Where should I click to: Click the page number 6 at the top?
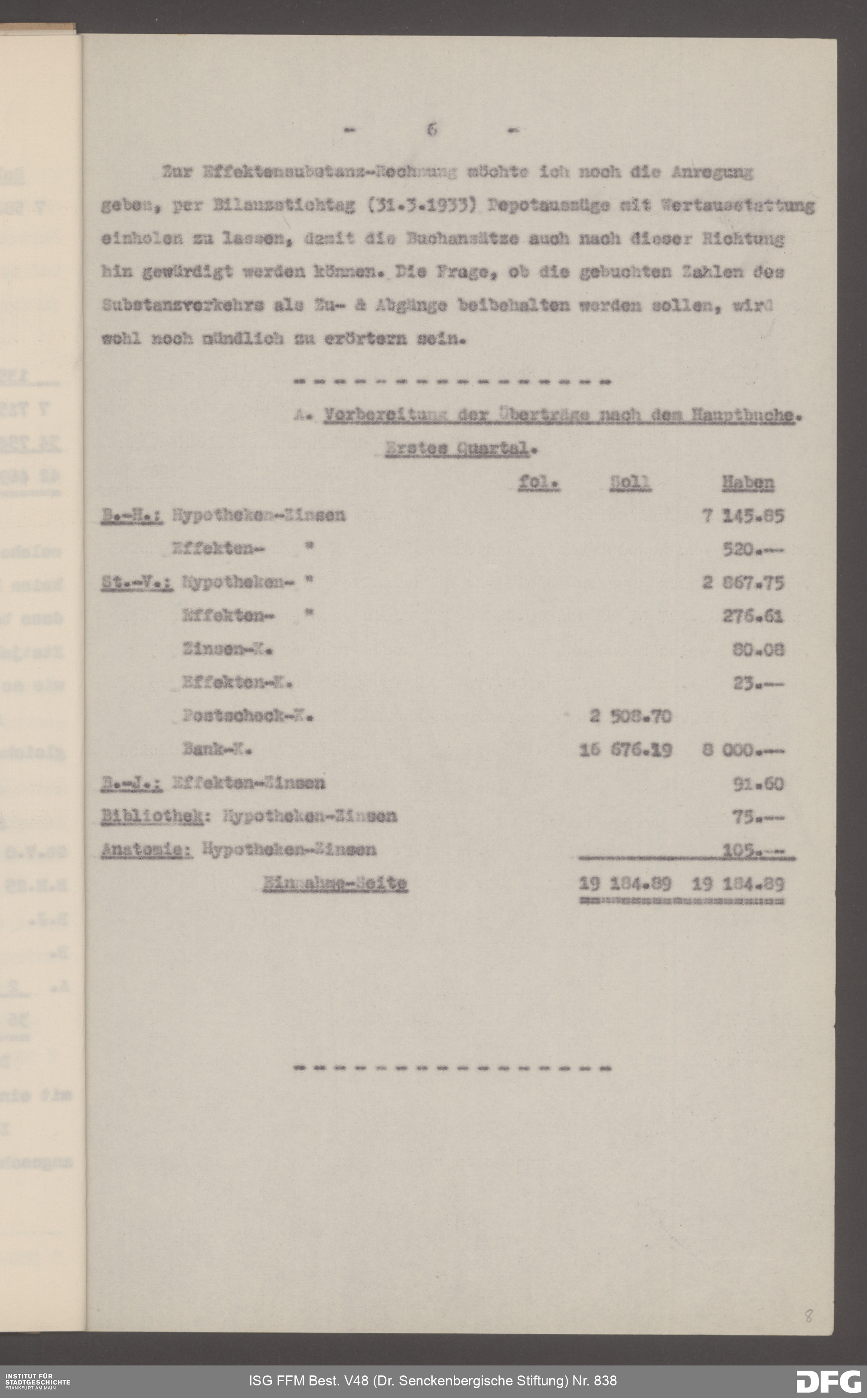coord(431,130)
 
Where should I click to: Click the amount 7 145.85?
coord(743,516)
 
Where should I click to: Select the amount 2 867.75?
coord(743,583)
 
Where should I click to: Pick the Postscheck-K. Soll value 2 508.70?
coord(630,716)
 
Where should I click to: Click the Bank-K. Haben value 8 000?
coord(743,750)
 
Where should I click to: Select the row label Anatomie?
coord(146,850)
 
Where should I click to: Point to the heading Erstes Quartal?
coord(460,449)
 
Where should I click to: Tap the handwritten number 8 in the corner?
coord(808,1316)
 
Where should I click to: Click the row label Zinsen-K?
coord(227,650)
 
